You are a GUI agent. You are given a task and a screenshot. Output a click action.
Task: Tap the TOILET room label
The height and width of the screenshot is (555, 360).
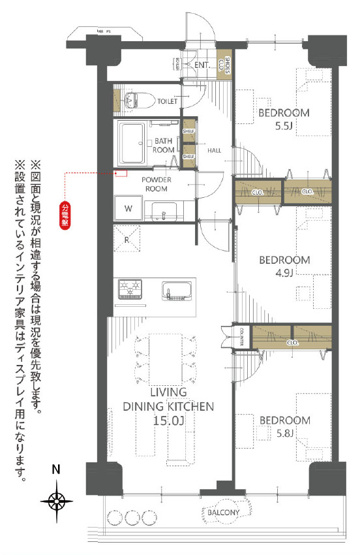[168, 101]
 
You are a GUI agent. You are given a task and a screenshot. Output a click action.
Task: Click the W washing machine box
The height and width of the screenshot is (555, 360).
[129, 208]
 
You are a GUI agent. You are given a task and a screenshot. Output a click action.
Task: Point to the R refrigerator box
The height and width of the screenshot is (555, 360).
[128, 239]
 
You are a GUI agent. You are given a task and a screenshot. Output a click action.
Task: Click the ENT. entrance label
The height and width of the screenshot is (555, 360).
[201, 65]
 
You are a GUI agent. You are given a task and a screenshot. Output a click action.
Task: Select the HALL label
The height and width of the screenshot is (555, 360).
[214, 150]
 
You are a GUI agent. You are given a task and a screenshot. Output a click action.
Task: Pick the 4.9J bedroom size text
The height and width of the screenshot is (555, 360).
[285, 275]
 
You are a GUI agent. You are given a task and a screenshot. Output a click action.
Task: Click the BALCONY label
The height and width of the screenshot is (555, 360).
[226, 513]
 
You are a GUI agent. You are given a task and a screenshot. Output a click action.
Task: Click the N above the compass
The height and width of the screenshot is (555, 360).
[58, 469]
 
